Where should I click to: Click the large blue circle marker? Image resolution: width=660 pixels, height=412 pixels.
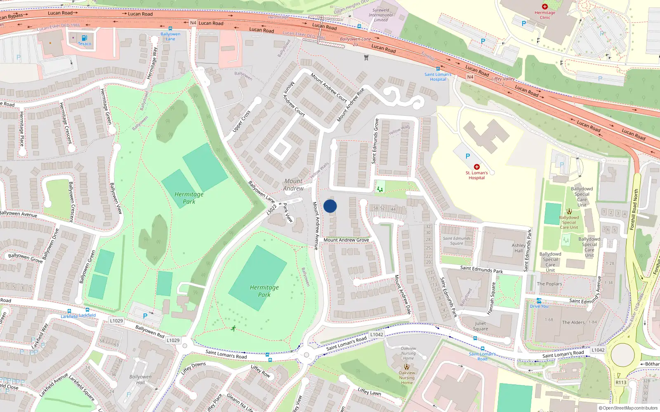pos(330,206)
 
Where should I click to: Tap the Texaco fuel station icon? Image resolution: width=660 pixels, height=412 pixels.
pos(84,38)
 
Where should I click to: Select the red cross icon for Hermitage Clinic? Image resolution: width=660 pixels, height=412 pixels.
pos(544,7)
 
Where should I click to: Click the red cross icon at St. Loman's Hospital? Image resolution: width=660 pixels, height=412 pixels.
pos(476,167)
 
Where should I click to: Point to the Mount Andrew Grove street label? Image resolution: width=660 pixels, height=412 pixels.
pos(346,240)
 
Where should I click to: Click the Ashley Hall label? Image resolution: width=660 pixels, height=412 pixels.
pos(519,248)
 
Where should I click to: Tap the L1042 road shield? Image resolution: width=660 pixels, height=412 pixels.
pos(377,335)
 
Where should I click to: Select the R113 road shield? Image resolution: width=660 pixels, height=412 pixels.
pos(621,382)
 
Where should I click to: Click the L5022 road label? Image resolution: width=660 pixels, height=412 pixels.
pos(271,210)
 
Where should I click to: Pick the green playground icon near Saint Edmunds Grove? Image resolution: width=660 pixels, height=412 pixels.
pos(380,189)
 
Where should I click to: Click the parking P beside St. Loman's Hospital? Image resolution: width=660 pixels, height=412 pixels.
pos(468,156)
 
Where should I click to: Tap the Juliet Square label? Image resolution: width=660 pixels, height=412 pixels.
pos(480,326)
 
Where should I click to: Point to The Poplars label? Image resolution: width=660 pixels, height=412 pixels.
pos(549,284)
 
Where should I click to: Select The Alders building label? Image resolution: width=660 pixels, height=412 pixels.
pos(573,322)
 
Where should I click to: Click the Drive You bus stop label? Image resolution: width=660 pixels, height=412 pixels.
pos(539,306)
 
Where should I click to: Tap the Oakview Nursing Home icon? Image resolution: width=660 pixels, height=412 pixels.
pos(407,366)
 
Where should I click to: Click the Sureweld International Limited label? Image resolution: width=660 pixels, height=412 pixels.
pos(381,15)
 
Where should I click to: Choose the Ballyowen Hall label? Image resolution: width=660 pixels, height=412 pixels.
pos(140,379)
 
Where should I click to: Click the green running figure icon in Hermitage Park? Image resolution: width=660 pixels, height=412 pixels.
pos(233,328)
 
